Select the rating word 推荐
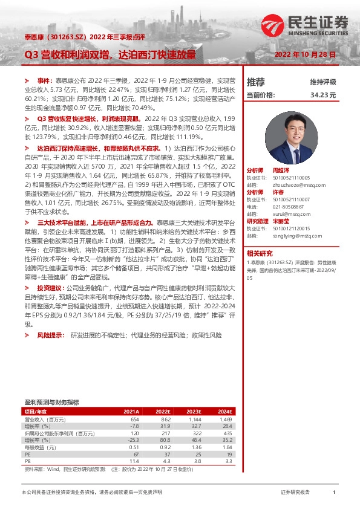[256, 82]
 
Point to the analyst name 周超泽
[282, 171]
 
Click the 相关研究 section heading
[260, 253]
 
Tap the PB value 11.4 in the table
[135, 460]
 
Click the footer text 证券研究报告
[295, 493]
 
